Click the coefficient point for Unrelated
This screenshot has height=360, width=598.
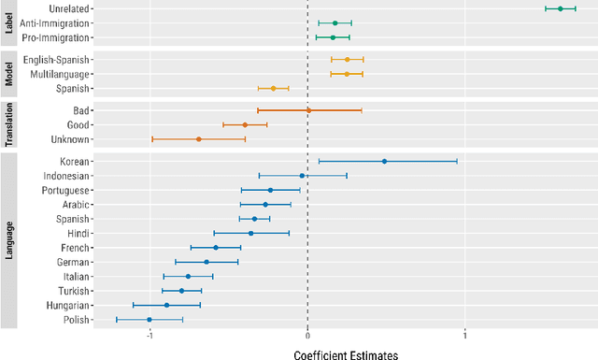[561, 8]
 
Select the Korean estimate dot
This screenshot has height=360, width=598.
[384, 161]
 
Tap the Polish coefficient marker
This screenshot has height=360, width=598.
[149, 320]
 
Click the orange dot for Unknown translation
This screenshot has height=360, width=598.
[198, 139]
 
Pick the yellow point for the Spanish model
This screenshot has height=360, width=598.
[273, 89]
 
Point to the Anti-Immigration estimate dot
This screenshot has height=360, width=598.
[335, 22]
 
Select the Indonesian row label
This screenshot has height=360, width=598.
[66, 175]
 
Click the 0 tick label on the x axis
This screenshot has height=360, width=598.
[307, 337]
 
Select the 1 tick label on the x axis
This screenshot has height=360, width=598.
[464, 337]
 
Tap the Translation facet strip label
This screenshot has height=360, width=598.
[8, 124]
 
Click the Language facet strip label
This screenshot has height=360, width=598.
[8, 240]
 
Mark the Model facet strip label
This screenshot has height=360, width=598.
[8, 74]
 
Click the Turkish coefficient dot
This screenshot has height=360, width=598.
[181, 291]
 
